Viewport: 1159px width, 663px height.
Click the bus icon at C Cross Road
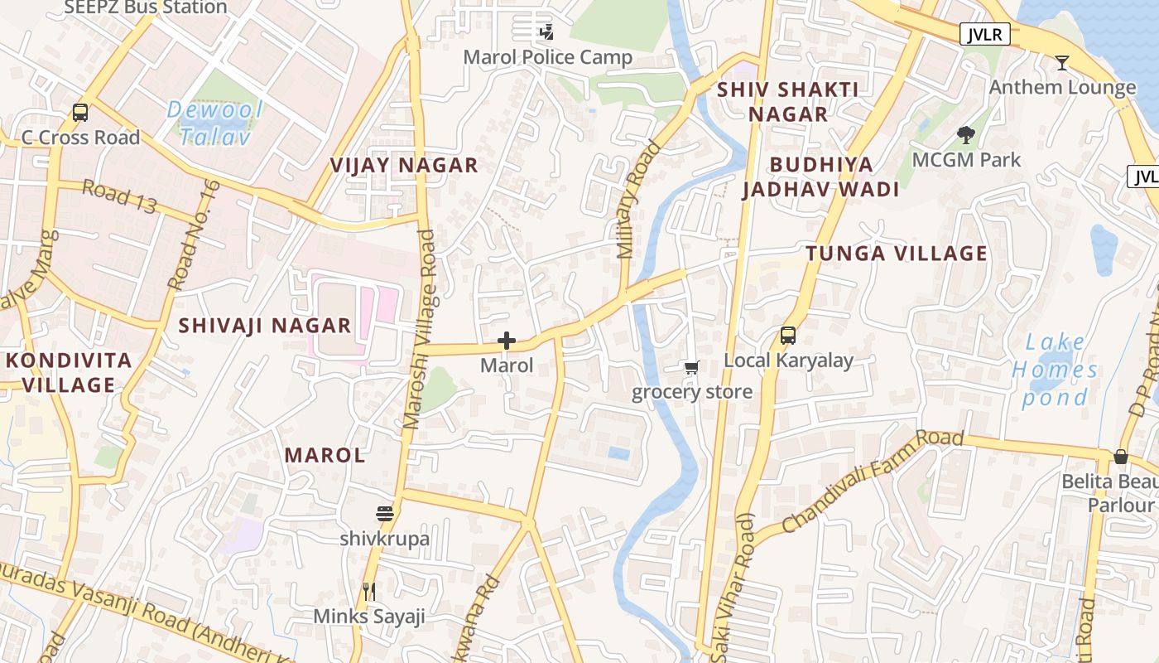[80, 112]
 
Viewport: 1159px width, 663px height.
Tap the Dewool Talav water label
[214, 123]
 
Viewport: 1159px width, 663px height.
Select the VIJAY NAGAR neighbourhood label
[404, 165]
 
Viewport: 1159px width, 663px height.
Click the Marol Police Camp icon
[546, 32]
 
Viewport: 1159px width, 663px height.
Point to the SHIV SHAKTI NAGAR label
[787, 102]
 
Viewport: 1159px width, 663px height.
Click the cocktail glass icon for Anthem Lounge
[1062, 62]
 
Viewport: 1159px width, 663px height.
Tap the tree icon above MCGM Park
[965, 134]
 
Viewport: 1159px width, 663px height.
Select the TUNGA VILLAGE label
[897, 254]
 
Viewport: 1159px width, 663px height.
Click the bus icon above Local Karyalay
[788, 336]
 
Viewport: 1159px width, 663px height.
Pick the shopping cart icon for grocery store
[691, 367]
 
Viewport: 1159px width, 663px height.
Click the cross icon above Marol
[507, 341]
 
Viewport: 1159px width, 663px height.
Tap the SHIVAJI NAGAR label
[265, 326]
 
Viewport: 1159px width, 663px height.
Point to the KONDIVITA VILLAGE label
[69, 372]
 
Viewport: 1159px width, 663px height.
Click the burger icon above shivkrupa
[385, 514]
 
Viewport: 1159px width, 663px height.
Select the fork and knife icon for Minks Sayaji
[369, 592]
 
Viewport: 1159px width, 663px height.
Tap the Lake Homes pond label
[1055, 370]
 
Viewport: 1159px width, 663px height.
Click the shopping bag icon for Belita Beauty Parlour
[1120, 457]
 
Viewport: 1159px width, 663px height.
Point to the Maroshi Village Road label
[419, 330]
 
